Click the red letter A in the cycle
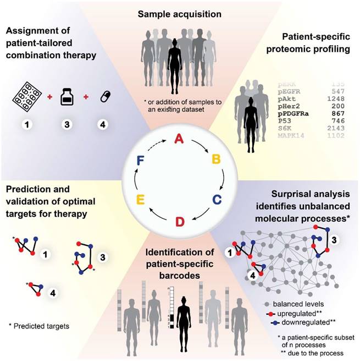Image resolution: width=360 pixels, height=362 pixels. tap(179, 139)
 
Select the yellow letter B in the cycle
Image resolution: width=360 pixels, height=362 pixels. tap(217, 160)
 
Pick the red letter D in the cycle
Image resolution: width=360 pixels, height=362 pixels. tap(180, 222)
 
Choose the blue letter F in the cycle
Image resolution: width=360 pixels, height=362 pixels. tap(141, 161)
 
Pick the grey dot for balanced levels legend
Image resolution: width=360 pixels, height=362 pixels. tap(265, 303)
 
